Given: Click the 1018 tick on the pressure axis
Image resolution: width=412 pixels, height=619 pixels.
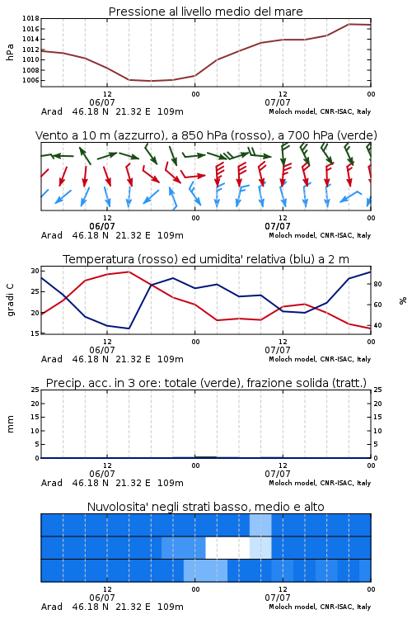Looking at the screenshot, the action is click(x=30, y=18).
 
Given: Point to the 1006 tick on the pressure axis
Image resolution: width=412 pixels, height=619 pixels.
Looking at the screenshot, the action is click(x=30, y=80).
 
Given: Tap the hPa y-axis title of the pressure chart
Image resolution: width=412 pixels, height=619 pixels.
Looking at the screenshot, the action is click(x=10, y=52).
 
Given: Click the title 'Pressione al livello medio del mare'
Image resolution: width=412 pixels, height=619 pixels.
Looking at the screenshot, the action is click(x=206, y=12).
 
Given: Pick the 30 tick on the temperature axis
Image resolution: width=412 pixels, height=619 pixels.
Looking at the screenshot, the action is click(x=35, y=271).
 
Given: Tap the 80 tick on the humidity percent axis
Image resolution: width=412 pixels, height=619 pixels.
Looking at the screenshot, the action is click(x=377, y=284).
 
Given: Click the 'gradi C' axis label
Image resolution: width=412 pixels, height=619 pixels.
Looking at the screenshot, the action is click(x=11, y=300).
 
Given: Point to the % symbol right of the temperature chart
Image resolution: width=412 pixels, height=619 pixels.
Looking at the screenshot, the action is click(x=403, y=300).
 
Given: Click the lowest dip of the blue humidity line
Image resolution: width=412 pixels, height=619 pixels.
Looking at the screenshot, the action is click(x=129, y=328).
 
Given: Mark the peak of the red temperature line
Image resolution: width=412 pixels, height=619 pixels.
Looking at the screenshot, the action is click(x=129, y=272).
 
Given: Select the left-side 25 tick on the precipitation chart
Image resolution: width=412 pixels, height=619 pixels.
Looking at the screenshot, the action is click(x=35, y=390).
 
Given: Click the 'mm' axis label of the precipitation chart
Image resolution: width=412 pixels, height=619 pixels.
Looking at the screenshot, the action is click(x=10, y=423).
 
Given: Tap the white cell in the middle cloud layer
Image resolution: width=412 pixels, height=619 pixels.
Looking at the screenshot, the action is click(x=227, y=547).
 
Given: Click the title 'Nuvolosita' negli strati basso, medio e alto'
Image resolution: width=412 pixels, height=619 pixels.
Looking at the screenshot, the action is click(x=206, y=507).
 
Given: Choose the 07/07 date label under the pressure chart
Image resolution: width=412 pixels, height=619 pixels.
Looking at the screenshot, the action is click(x=278, y=102).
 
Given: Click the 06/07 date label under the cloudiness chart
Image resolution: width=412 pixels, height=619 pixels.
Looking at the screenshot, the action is click(x=102, y=598).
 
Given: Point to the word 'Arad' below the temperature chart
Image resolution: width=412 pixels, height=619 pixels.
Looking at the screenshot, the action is click(x=52, y=359).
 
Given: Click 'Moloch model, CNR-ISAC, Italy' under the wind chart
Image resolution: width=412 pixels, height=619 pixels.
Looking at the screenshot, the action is click(x=320, y=235).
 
